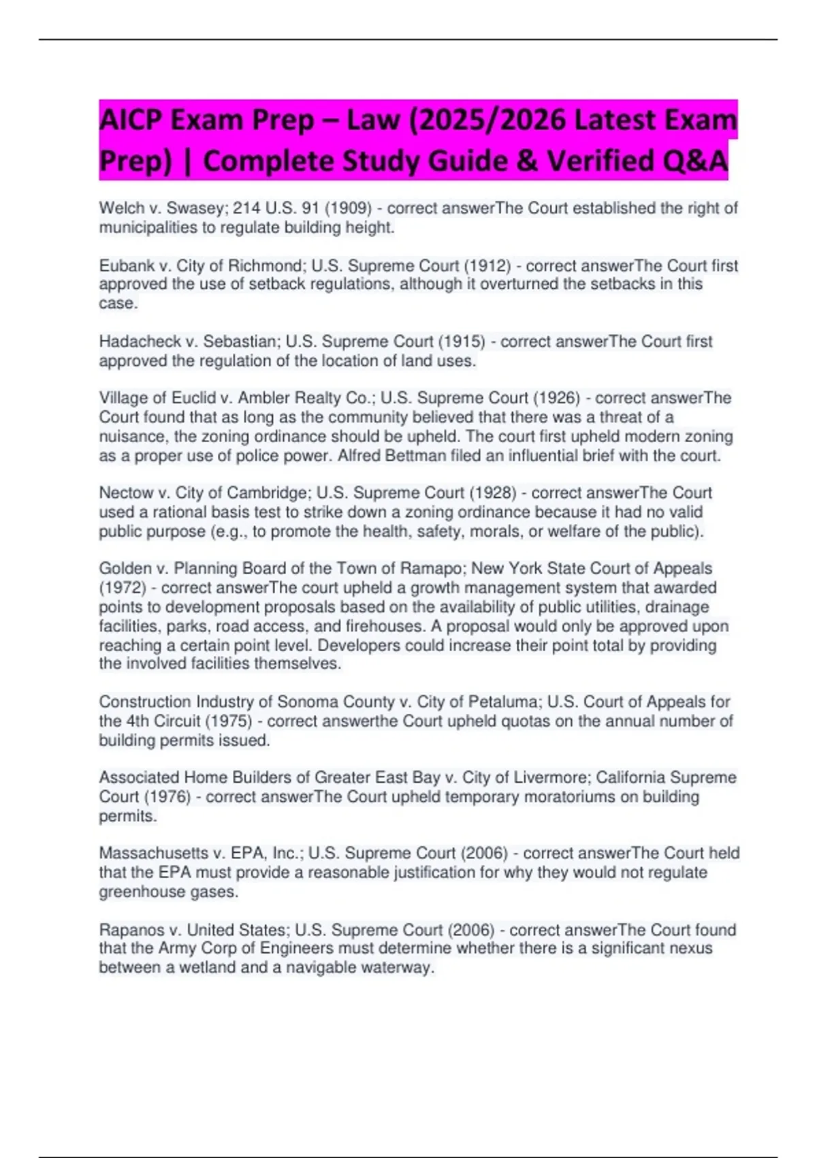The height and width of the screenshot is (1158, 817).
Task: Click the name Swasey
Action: click(x=193, y=208)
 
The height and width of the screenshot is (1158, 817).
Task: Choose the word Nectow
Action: click(x=126, y=492)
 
